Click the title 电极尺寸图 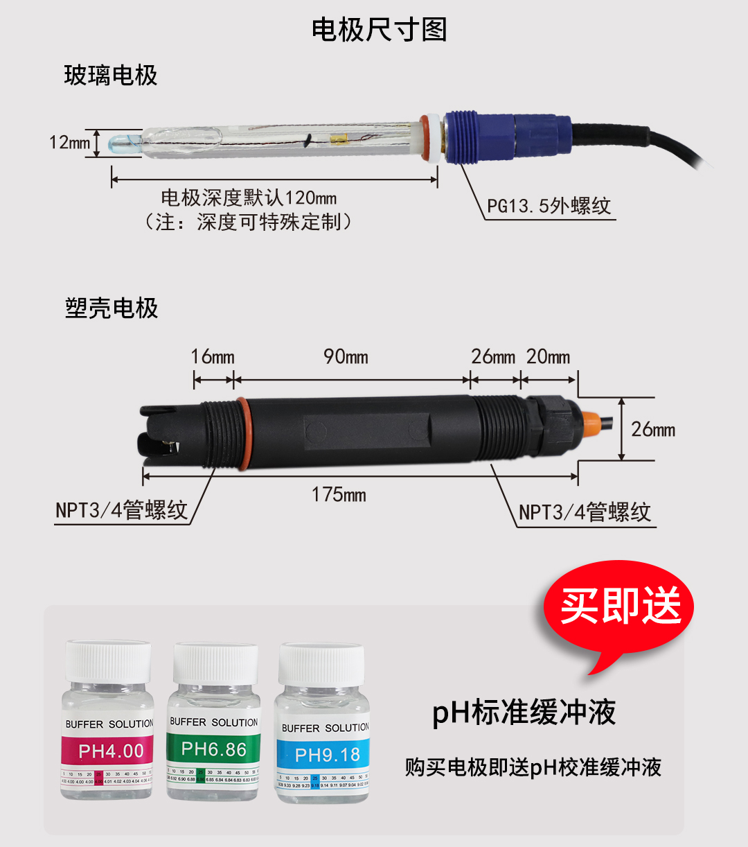coord(379,30)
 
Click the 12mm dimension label coord(69,142)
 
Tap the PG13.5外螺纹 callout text coord(549,206)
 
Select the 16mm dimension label coord(213,357)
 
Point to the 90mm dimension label coord(346,356)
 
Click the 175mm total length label coord(339,494)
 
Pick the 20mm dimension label coord(548,357)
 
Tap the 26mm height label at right coord(652,429)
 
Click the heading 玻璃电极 coord(111,75)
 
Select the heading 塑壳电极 coord(112,308)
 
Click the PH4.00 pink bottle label coord(111,751)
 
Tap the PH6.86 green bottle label coord(213,749)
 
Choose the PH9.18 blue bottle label coord(327,755)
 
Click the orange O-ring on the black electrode coord(242,433)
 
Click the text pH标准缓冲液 coord(524,713)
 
